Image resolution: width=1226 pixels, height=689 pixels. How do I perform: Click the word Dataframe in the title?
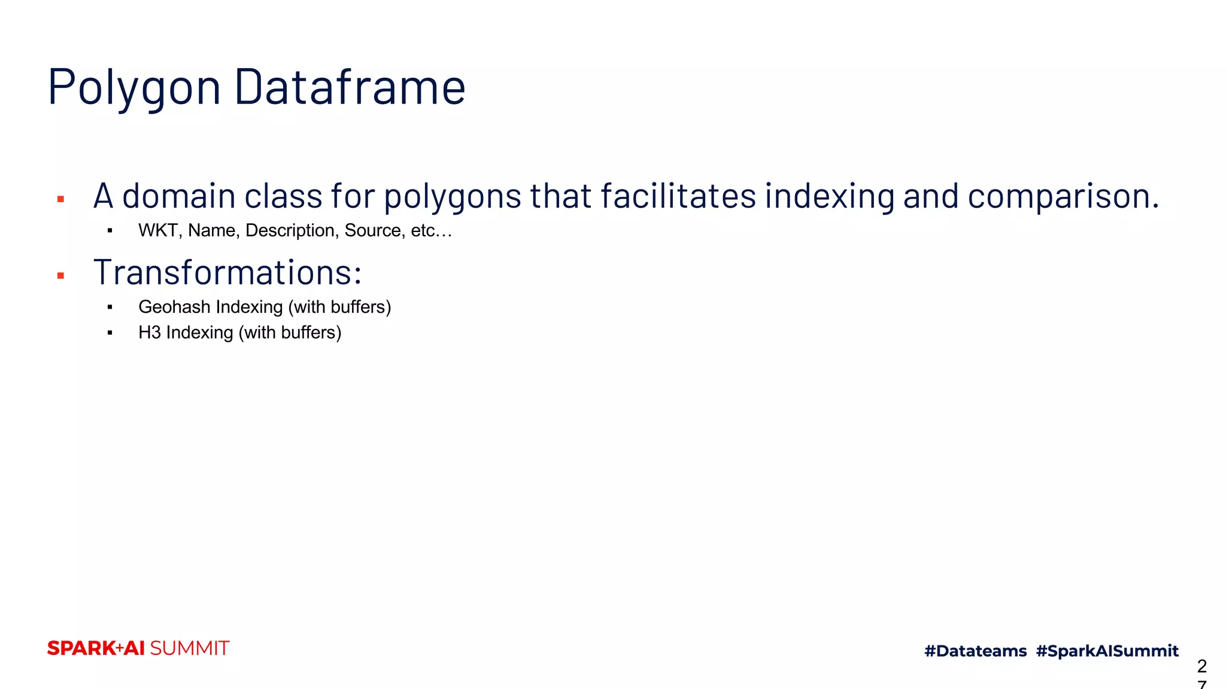click(350, 87)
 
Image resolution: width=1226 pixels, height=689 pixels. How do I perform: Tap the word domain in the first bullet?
click(178, 196)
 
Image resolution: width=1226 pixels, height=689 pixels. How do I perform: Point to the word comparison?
click(1063, 196)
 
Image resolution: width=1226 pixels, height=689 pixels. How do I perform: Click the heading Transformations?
click(227, 273)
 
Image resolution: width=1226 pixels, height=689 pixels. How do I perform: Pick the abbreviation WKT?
click(157, 230)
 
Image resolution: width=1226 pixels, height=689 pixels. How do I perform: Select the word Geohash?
click(174, 307)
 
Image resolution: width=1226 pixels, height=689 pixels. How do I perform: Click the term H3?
click(150, 333)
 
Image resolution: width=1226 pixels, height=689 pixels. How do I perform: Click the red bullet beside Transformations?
click(60, 276)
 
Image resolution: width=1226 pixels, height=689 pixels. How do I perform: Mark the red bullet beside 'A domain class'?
click(60, 199)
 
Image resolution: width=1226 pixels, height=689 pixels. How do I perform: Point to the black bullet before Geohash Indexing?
click(110, 307)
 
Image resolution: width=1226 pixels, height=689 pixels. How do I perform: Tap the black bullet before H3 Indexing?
click(110, 333)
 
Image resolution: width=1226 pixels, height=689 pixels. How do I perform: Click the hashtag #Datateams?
click(975, 651)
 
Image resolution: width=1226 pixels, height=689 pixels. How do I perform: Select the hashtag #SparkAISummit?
click(1107, 651)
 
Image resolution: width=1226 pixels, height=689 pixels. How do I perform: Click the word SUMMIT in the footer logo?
click(189, 648)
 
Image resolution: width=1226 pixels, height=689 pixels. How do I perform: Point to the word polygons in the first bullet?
click(452, 196)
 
